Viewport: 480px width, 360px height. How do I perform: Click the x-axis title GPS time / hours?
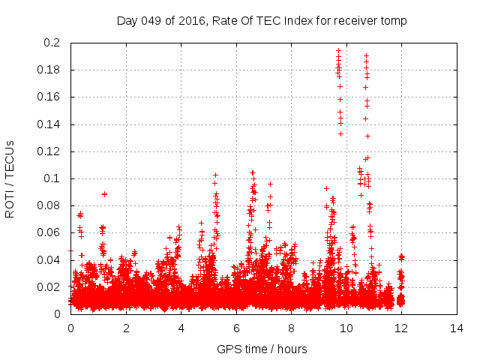click(262, 349)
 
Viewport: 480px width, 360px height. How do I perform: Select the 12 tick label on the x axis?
click(402, 328)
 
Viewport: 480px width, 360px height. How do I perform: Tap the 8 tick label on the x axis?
click(292, 328)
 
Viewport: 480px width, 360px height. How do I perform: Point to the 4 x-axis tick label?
click(181, 328)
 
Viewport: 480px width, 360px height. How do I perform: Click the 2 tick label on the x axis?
click(126, 328)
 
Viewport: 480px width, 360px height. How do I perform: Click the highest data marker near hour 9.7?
click(338, 50)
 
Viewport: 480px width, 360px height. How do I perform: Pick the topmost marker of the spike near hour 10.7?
click(366, 55)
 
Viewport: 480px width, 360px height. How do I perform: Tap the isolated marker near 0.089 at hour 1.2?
click(104, 193)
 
